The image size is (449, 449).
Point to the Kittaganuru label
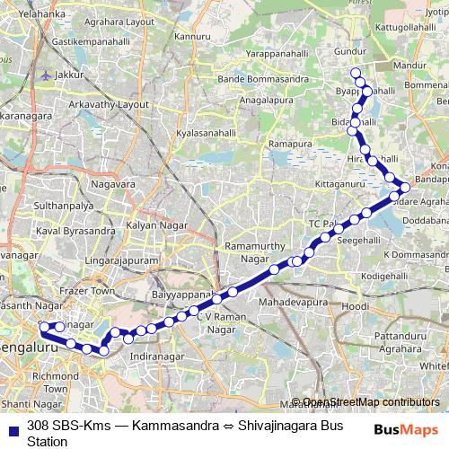tap(317, 183)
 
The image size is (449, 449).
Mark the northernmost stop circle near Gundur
tap(355, 73)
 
